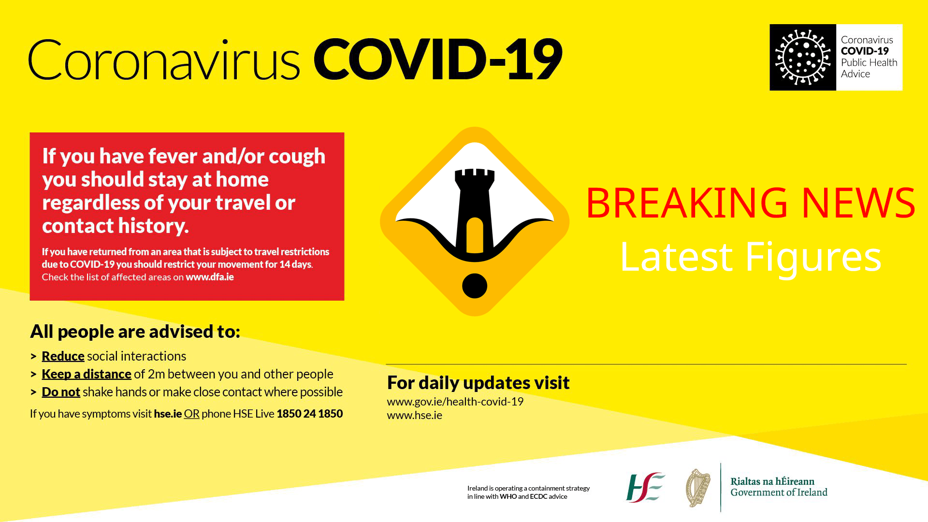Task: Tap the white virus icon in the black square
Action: pos(802,58)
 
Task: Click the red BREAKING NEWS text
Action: pos(750,203)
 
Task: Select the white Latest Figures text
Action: pos(750,257)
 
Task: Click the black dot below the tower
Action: pos(475,286)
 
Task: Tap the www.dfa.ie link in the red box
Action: pos(210,277)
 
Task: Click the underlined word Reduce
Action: pos(63,356)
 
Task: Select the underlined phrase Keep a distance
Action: pos(87,374)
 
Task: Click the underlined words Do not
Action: pos(61,392)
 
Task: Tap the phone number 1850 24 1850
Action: pos(309,414)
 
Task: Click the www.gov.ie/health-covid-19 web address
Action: pos(455,402)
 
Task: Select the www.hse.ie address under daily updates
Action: pos(414,415)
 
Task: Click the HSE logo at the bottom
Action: pos(645,487)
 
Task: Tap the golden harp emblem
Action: pos(698,488)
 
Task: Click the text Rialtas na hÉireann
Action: pos(772,481)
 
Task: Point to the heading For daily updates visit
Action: pos(478,383)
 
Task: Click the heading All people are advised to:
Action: pos(135,332)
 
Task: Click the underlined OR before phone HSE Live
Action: pos(191,414)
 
